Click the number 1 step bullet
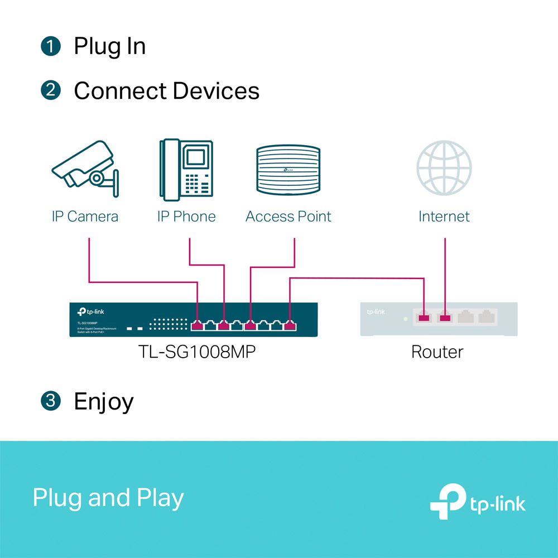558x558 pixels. pyautogui.click(x=50, y=46)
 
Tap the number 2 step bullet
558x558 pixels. pyautogui.click(x=50, y=90)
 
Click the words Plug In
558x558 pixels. pyautogui.click(x=109, y=46)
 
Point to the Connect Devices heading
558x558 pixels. pyautogui.click(x=166, y=90)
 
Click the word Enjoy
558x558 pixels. pyautogui.click(x=104, y=401)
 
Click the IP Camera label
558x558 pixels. pyautogui.click(x=85, y=217)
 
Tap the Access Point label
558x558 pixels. pyautogui.click(x=288, y=217)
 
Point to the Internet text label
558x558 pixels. pyautogui.click(x=444, y=217)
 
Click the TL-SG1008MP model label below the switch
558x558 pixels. pyautogui.click(x=193, y=352)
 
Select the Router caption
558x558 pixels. pyautogui.click(x=437, y=352)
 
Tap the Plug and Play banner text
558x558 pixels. pyautogui.click(x=108, y=498)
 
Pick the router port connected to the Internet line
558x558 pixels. pyautogui.click(x=445, y=318)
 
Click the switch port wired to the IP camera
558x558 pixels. pyautogui.click(x=197, y=325)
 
